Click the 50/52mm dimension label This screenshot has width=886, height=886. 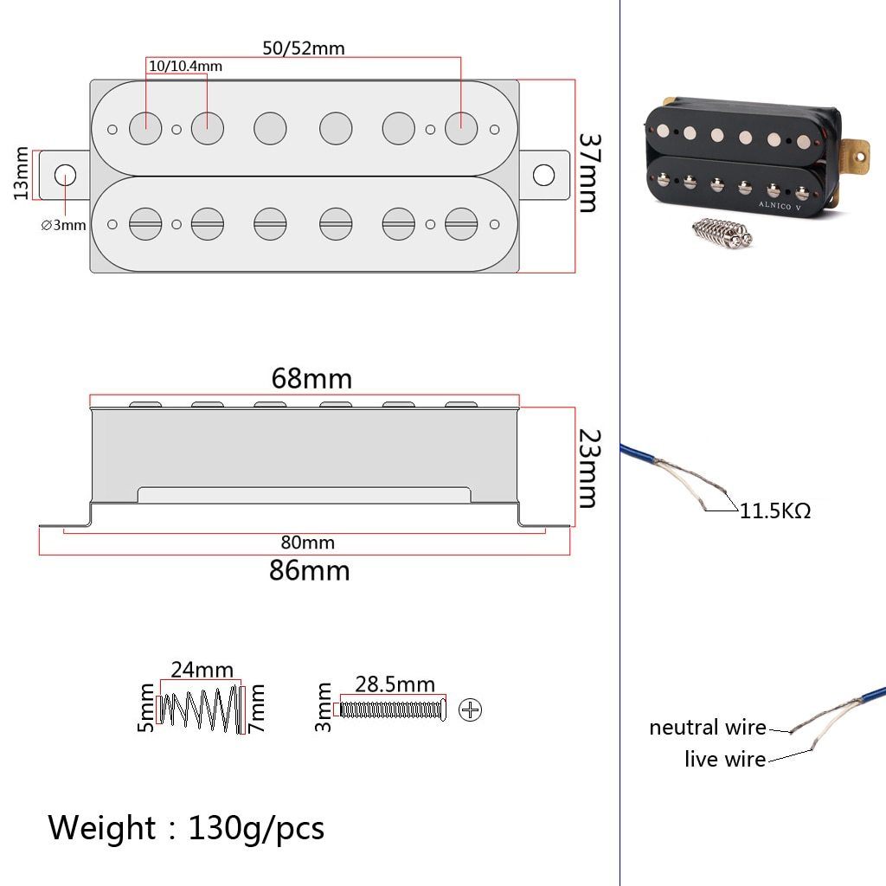click(x=304, y=48)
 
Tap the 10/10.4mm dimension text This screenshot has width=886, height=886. click(x=185, y=67)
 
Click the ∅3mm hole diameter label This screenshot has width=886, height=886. click(x=64, y=226)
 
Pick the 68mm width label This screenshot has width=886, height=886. click(x=311, y=379)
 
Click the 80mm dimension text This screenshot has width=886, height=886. click(x=307, y=543)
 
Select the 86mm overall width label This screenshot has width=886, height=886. click(x=310, y=571)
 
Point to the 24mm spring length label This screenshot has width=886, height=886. click(x=202, y=670)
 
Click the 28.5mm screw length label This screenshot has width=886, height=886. click(x=395, y=684)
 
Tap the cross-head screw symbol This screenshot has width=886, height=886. click(x=471, y=710)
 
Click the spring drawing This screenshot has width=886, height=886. click(x=201, y=709)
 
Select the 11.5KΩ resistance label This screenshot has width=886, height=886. click(x=775, y=511)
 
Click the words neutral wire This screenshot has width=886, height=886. click(x=708, y=728)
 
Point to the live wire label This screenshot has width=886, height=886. click(x=725, y=760)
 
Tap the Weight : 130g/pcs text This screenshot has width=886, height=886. click(x=186, y=828)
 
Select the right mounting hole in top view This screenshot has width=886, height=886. click(x=543, y=175)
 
